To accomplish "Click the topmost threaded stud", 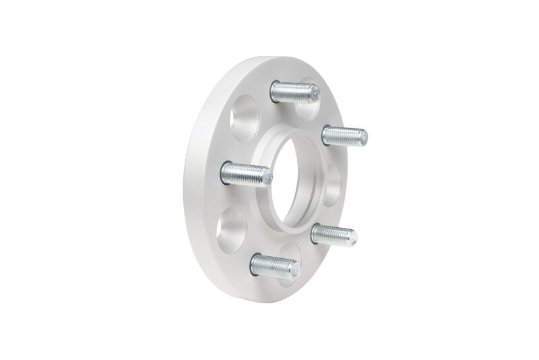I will pyautogui.click(x=294, y=91).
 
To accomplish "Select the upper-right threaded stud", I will pyautogui.click(x=344, y=135).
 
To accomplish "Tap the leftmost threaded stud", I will pyautogui.click(x=245, y=175).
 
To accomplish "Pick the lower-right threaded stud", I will pyautogui.click(x=333, y=235).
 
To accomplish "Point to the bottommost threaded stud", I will pyautogui.click(x=273, y=266).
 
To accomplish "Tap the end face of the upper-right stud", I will pyautogui.click(x=364, y=138).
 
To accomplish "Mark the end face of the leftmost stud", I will pyautogui.click(x=267, y=178).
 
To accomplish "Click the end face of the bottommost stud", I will pyautogui.click(x=294, y=270).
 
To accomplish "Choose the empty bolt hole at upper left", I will pyautogui.click(x=243, y=118).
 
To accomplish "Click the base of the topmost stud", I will pyautogui.click(x=274, y=90).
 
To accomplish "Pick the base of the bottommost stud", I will pyautogui.click(x=254, y=264).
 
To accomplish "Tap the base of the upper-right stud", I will pyautogui.click(x=325, y=133).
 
